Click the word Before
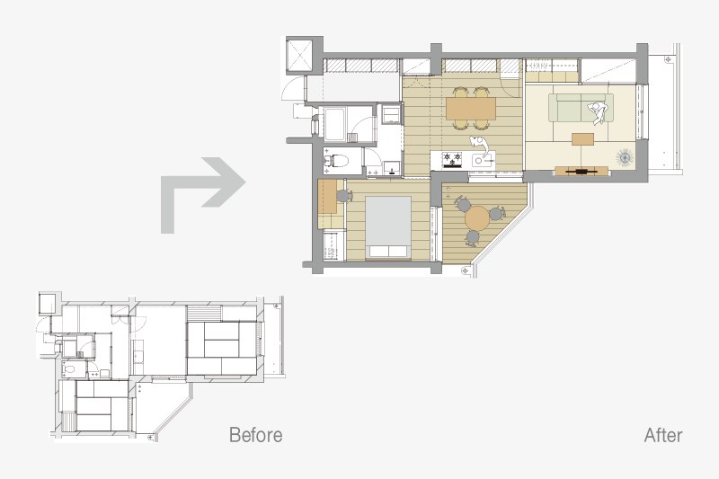(255, 435)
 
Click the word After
(663, 435)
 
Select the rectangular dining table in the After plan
(471, 108)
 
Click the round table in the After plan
(478, 218)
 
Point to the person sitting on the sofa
(598, 112)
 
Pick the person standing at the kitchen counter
(480, 145)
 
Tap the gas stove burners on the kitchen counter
(452, 160)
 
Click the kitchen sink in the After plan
(483, 160)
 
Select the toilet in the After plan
(337, 161)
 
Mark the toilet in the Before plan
(69, 369)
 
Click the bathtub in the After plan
(335, 125)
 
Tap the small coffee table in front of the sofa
(582, 139)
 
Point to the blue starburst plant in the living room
(625, 158)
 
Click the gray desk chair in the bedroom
(344, 196)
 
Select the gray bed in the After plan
(388, 226)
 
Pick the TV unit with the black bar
(581, 172)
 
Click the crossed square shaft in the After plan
(299, 56)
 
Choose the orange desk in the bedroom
(327, 196)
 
